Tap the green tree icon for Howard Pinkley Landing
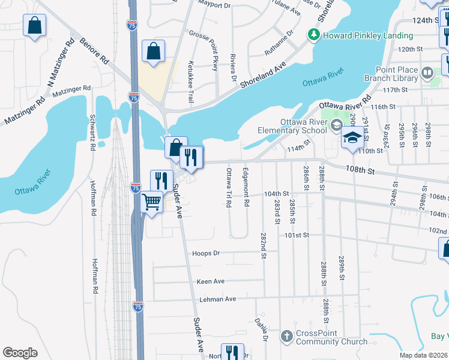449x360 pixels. tap(313, 35)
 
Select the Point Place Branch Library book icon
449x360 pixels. tap(427, 74)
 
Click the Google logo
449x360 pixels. tap(20, 352)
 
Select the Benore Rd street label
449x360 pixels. tap(95, 53)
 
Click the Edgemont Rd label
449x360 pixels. tap(246, 188)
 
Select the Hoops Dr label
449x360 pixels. tap(206, 253)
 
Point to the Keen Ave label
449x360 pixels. tap(210, 281)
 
